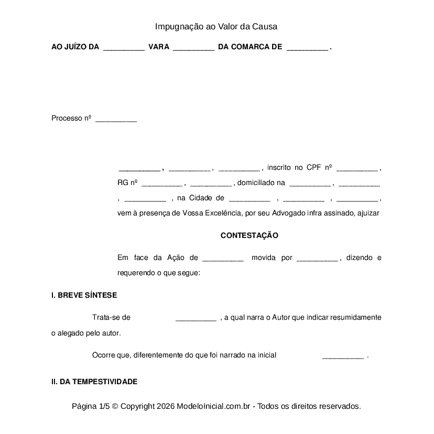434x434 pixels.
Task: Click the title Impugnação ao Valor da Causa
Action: point(216,26)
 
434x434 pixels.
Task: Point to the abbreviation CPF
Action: point(313,168)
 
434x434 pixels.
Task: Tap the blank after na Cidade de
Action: point(249,199)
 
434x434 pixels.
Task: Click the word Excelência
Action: point(219,213)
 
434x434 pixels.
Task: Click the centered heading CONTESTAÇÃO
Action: point(249,236)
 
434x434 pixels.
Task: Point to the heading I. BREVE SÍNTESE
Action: point(84,296)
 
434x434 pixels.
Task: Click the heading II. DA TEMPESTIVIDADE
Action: point(94,382)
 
